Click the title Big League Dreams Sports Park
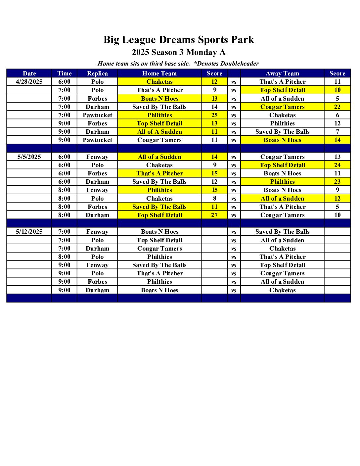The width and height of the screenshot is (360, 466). coord(179,40)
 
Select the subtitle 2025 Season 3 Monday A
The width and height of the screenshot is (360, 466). coord(179,52)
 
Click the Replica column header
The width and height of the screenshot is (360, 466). coord(97,73)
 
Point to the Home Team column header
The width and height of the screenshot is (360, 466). coord(159,73)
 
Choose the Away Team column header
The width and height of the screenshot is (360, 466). coord(282,73)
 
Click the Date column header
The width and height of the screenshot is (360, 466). coord(29,73)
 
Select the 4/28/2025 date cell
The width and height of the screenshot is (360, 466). coord(29,82)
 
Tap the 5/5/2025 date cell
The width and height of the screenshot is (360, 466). coord(29,157)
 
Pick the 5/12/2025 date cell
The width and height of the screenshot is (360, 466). coord(29,232)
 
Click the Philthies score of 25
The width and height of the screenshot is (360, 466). coord(214,115)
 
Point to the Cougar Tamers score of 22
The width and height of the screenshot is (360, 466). coord(337,107)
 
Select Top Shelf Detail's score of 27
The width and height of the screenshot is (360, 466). coord(214,215)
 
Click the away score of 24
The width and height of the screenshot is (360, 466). coord(337,165)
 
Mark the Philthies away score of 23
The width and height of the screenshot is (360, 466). coord(337,182)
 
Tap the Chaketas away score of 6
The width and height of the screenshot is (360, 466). coord(337,115)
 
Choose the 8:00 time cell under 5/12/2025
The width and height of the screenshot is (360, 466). coord(64,257)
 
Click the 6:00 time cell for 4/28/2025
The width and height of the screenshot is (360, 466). coord(64,82)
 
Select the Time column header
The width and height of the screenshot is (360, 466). coord(64,73)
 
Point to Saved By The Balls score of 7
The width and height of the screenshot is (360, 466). coord(337,132)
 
